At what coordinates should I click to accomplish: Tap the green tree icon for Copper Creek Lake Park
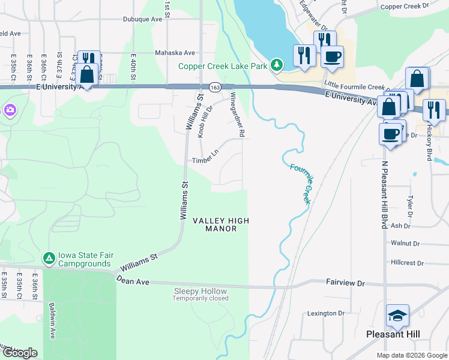276,64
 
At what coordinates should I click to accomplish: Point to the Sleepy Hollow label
200,291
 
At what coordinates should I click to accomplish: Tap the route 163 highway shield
214,88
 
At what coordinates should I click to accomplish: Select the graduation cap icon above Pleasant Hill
397,316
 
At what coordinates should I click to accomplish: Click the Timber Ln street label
205,161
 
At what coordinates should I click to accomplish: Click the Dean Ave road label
132,280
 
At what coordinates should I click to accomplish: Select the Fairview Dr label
345,282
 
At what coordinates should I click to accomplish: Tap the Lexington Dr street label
326,313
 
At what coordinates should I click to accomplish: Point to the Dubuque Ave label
143,19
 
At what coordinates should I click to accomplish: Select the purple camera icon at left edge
10,110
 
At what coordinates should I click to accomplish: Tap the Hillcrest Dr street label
407,263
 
